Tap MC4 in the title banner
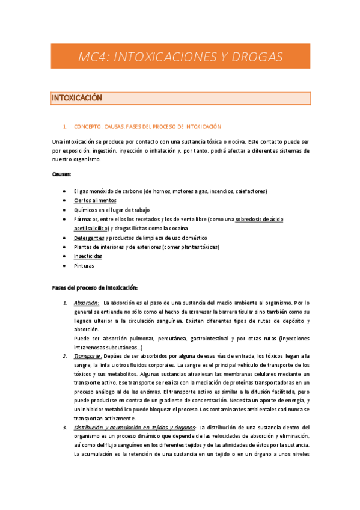93,57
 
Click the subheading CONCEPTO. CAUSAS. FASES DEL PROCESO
147,127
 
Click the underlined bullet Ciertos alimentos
95,200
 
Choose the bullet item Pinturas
84,265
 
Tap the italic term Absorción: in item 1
86,303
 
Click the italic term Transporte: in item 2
87,356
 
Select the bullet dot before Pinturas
64,265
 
